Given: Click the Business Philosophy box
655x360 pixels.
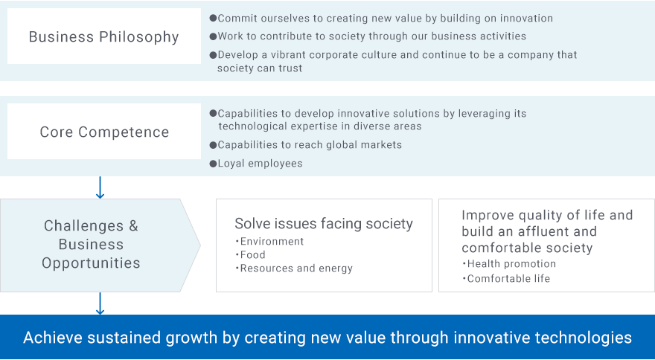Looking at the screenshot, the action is [x=104, y=36].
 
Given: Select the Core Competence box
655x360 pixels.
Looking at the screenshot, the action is [x=104, y=132].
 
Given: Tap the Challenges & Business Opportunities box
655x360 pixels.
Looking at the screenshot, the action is [x=100, y=245].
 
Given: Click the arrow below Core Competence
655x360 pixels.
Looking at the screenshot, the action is [x=100, y=187].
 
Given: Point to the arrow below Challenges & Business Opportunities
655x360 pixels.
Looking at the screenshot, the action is [x=100, y=303].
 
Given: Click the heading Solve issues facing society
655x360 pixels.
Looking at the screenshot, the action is [x=324, y=223].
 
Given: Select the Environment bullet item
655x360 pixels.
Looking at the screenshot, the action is [x=269, y=242].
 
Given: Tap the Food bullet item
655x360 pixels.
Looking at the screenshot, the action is [x=250, y=255].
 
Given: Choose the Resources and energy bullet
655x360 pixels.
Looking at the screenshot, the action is [x=294, y=268].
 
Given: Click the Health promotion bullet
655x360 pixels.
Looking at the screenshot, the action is [x=509, y=264].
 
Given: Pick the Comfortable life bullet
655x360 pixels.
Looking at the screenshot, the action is [x=506, y=279].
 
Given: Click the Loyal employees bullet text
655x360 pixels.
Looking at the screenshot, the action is [x=260, y=164].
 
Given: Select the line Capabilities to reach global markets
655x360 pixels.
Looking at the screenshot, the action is [x=310, y=145].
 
